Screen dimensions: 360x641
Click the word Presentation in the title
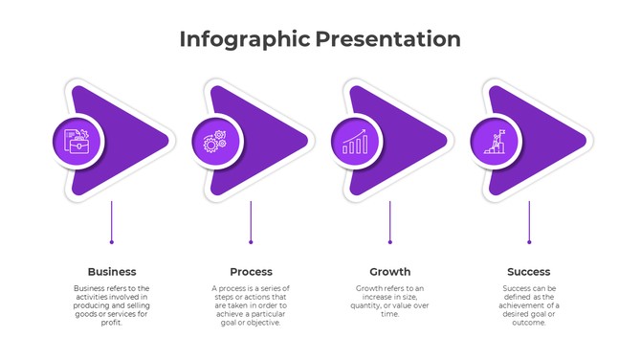[388, 39]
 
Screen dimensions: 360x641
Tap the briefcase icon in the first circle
[77, 142]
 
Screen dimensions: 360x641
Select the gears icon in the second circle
[216, 142]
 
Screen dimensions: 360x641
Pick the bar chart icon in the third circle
[356, 142]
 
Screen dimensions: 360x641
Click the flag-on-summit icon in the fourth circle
[496, 142]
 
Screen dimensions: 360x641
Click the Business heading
[112, 272]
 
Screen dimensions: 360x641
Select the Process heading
[251, 272]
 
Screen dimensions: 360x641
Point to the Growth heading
[390, 272]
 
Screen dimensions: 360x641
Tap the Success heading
[529, 272]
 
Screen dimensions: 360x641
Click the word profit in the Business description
[112, 323]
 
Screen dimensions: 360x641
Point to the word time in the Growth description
[390, 314]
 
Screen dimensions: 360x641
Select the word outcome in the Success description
[529, 323]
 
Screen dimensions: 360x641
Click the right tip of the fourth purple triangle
[584, 142]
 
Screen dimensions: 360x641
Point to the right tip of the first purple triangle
[166, 142]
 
